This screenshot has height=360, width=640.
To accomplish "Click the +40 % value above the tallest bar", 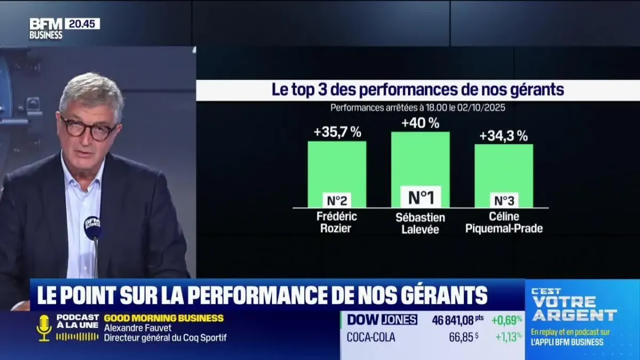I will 420,123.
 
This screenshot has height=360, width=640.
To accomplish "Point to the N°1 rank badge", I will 420,197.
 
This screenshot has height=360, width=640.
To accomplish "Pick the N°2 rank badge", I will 337,201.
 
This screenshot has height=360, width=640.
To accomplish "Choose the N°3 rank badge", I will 503,201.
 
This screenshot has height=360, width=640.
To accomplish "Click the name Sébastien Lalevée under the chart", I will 421,223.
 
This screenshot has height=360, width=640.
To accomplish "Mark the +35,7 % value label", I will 338,132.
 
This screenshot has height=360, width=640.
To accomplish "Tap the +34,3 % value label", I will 503,136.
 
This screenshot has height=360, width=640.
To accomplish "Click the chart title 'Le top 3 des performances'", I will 418,90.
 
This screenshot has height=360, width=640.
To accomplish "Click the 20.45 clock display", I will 82,23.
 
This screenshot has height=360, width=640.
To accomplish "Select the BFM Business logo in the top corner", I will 46,28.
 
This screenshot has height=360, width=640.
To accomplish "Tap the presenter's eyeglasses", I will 87,129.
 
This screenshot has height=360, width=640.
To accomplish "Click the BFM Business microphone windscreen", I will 93,227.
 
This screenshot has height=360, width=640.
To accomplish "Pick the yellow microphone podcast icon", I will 44,327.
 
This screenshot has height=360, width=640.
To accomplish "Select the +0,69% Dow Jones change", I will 507,319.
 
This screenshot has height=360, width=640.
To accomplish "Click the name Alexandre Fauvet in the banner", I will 138,328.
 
